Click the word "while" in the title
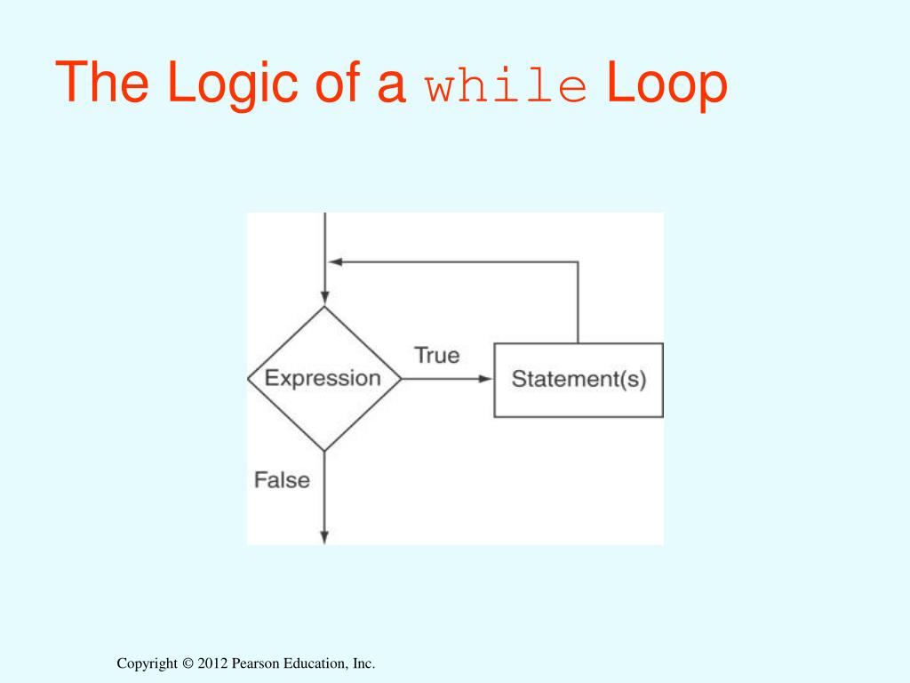click(x=506, y=86)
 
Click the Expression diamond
click(x=324, y=378)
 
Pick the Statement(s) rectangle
click(x=579, y=380)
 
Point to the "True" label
click(x=437, y=355)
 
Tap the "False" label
click(x=282, y=480)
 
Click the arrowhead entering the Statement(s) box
click(x=486, y=378)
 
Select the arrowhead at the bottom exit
click(x=324, y=537)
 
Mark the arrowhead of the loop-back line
click(x=334, y=261)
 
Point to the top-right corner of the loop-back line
click(x=579, y=261)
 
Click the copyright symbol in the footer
click(x=188, y=663)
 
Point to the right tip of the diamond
click(x=402, y=378)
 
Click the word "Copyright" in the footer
click(x=148, y=663)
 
